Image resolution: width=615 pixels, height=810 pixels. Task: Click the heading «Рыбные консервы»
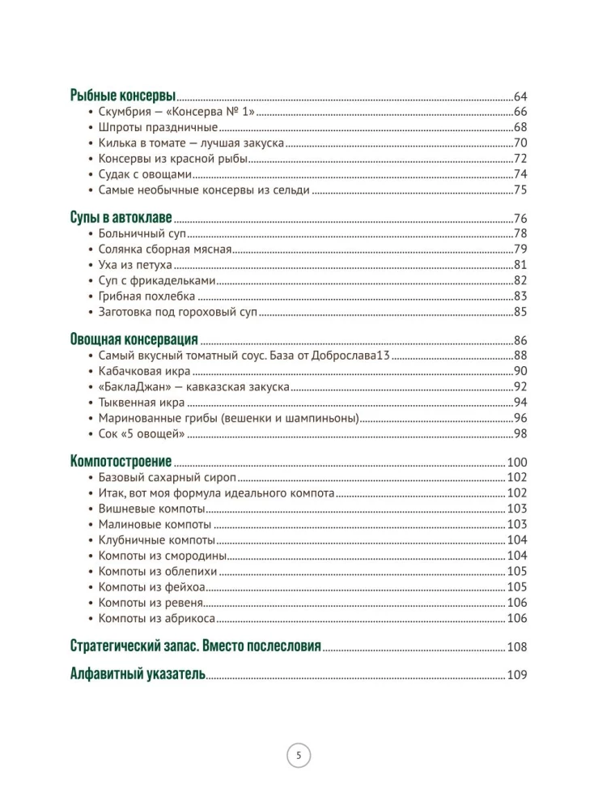[123, 95]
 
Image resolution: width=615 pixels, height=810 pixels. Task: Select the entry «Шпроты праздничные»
[158, 127]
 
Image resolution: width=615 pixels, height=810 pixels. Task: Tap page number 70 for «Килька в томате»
[520, 143]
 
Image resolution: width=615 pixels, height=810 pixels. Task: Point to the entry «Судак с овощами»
[146, 174]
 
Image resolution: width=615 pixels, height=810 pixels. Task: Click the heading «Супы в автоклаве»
[122, 218]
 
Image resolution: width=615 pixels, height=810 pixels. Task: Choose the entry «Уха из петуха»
[136, 265]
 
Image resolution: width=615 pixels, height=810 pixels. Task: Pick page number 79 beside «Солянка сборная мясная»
[520, 249]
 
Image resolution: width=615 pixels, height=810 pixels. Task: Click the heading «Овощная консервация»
[134, 339]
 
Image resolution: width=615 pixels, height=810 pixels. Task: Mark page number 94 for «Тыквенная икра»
[520, 402]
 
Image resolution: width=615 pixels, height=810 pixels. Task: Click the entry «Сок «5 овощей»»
[142, 433]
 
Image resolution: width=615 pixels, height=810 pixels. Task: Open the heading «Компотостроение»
[121, 462]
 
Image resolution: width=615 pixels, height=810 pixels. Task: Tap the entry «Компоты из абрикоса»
[156, 618]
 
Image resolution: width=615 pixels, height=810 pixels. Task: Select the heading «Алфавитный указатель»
[138, 673]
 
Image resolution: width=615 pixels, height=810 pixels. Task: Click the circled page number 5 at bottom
[299, 757]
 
